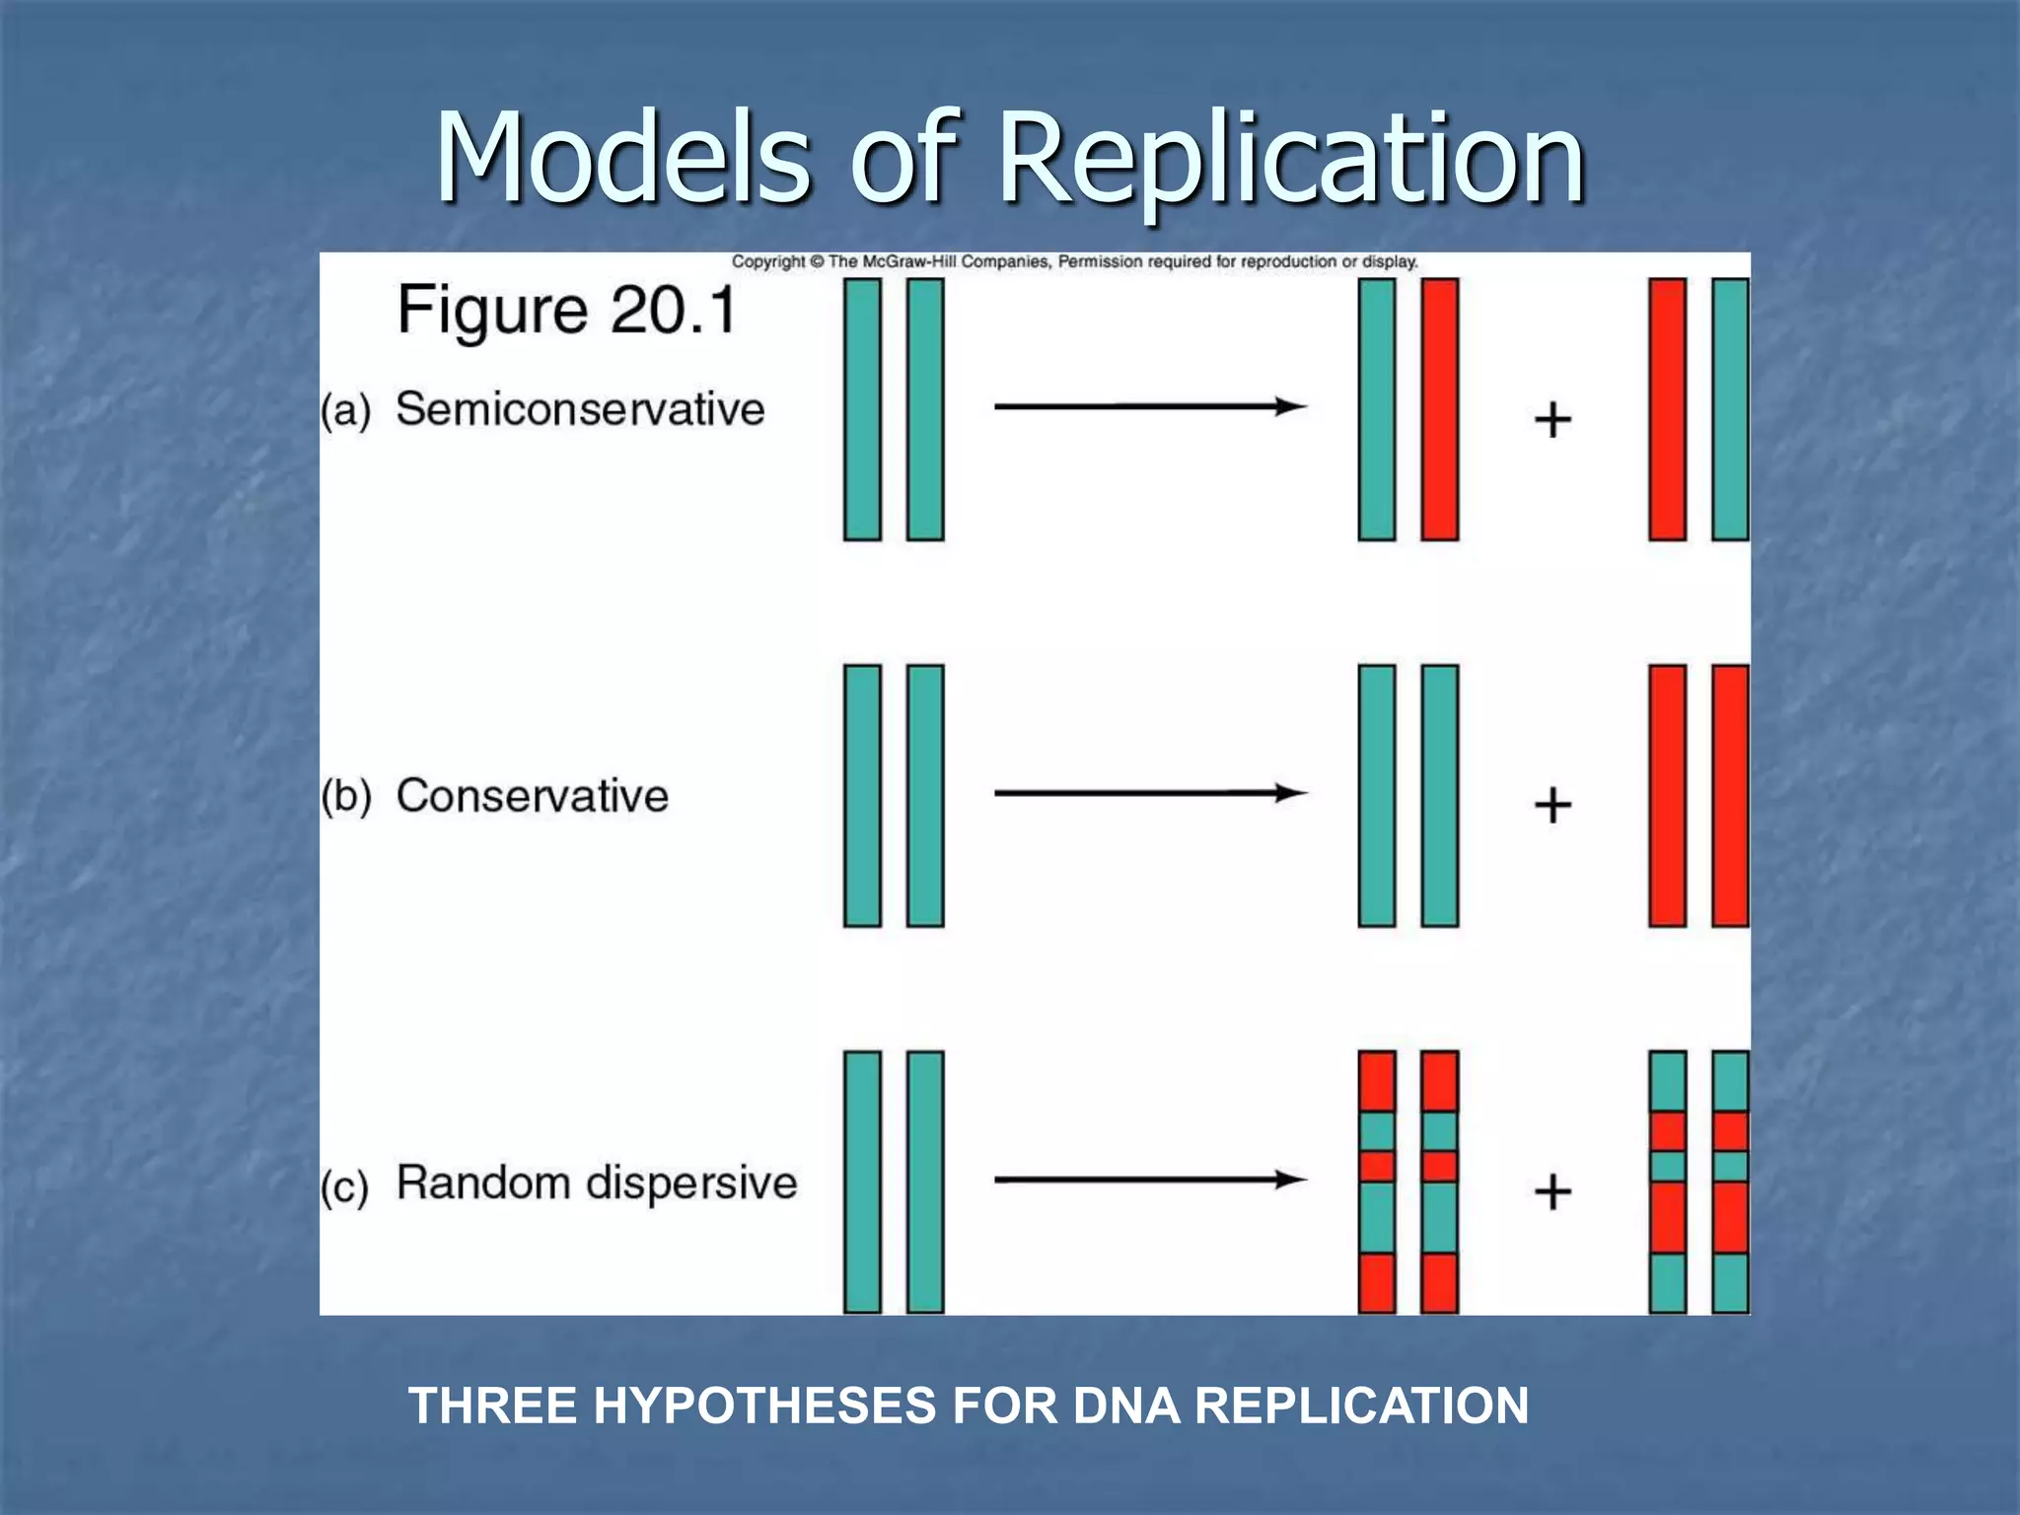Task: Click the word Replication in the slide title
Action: coord(1292,158)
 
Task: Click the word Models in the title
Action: coord(623,158)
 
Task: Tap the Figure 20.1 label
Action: coord(567,310)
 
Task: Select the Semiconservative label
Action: coord(580,409)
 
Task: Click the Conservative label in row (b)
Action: coord(533,796)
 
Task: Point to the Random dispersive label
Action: coord(597,1183)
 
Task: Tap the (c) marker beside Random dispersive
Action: coord(345,1187)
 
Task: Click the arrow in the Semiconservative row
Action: coord(1150,406)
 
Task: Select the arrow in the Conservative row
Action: coord(1150,793)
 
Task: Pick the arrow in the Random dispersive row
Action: coord(1150,1180)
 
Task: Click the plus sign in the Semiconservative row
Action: coord(1552,420)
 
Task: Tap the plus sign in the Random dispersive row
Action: coord(1552,1191)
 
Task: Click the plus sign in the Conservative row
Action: coord(1552,805)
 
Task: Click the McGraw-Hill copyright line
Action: coord(1074,261)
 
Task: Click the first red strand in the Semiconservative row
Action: coord(1440,409)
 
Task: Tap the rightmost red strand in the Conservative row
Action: coord(1730,796)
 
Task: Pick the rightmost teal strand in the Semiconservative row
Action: coord(1730,409)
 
